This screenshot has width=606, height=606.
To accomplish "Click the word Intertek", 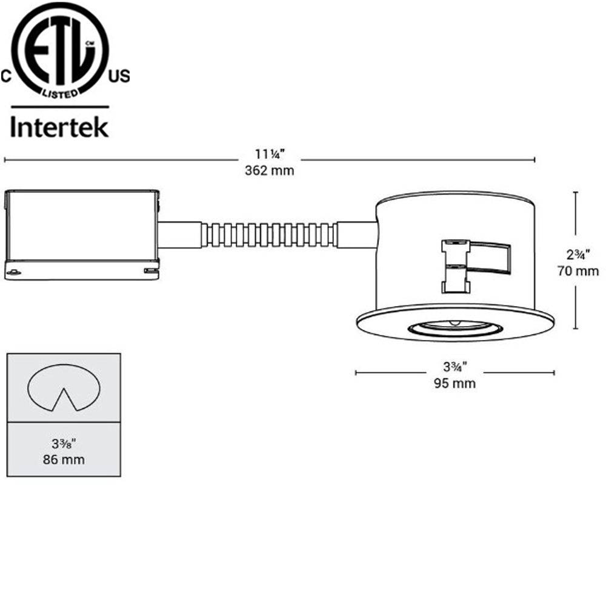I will tap(60, 127).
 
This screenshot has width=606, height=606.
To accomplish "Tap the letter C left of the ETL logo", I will tap(6, 76).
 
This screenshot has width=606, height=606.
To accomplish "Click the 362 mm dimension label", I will tap(269, 170).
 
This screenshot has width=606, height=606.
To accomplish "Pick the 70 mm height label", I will tap(578, 271).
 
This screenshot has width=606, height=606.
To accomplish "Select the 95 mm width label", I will tap(454, 384).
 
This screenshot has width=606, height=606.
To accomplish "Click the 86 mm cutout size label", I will tap(64, 459).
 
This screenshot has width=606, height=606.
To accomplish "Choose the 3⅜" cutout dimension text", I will tap(64, 443).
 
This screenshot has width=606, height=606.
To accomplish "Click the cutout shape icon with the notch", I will tap(64, 388).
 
